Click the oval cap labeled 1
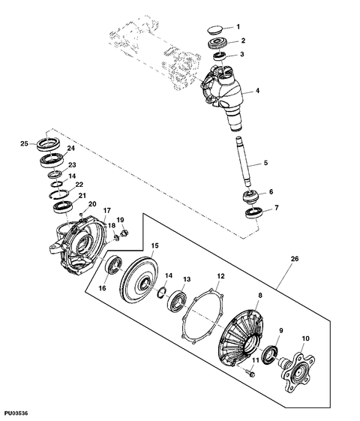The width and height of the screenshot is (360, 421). pos(218,28)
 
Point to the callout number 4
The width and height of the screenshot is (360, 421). pos(258,91)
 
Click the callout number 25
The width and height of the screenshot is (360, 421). pos(24,143)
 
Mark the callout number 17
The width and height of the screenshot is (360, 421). pos(107,210)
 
